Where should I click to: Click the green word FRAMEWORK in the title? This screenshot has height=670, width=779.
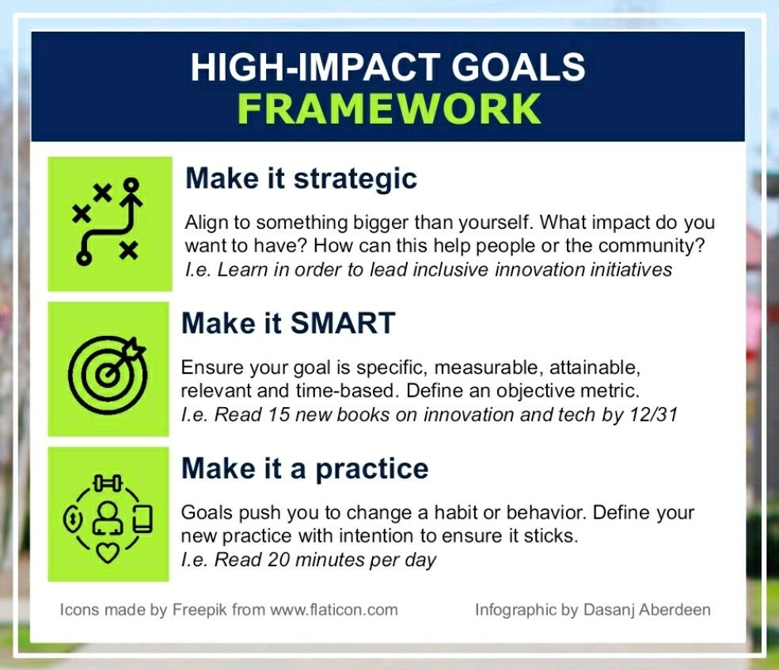389,108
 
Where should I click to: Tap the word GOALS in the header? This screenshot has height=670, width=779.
519,67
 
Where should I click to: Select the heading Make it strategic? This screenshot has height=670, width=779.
301,178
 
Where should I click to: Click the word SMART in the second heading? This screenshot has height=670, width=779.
343,323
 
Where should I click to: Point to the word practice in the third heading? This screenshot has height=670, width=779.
371,469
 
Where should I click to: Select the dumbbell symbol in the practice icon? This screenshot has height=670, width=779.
108,482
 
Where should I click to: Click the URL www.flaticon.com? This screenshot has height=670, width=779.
334,610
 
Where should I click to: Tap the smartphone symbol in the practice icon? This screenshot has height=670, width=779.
143,519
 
